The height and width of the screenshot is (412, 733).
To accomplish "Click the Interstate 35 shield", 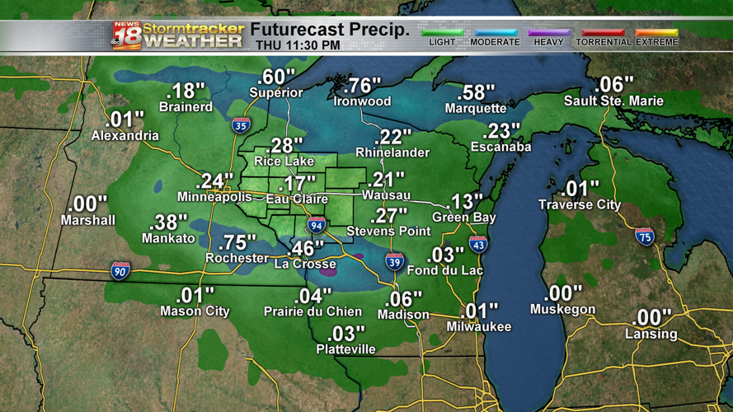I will [241, 125].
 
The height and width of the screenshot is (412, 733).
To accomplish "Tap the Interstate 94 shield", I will [317, 224].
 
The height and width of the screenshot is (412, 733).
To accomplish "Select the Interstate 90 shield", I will [120, 270].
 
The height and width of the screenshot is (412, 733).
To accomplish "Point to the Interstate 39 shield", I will [395, 263].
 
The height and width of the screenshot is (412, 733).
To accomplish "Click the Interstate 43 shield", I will [478, 244].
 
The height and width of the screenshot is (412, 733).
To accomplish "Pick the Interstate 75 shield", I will [645, 237].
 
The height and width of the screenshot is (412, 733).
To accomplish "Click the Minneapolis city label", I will [214, 198].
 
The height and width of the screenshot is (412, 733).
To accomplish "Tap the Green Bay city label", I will [463, 218].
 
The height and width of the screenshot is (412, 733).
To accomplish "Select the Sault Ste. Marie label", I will [613, 101].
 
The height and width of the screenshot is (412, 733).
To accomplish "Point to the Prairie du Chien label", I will [312, 311].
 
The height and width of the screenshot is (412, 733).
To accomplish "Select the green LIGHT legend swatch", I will [442, 33].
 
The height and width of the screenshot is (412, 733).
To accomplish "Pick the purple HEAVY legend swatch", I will [548, 33].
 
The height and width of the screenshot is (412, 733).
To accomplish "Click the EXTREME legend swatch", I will [656, 33].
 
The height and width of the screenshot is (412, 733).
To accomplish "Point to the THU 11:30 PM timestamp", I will [298, 45].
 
